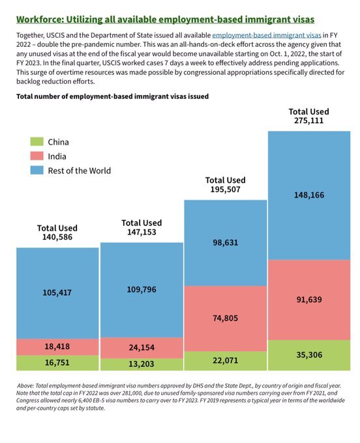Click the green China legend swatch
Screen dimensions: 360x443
(x=37, y=141)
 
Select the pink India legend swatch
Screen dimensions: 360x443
(x=37, y=156)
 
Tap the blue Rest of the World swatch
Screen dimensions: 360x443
(x=37, y=170)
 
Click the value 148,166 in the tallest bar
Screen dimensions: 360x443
(x=309, y=195)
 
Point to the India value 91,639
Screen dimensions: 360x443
(x=309, y=300)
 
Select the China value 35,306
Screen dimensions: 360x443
(x=309, y=355)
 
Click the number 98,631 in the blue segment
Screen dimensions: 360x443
(x=226, y=242)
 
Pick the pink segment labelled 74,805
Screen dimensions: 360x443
(x=226, y=319)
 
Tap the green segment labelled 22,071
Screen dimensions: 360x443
(x=226, y=361)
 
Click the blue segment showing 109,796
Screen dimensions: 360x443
(x=142, y=290)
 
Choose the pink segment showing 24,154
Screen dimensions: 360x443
(x=142, y=348)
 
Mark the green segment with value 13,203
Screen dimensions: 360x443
(x=142, y=364)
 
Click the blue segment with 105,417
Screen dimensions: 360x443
(x=57, y=293)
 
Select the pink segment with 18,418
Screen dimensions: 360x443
(x=57, y=347)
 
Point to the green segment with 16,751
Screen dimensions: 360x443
(x=57, y=363)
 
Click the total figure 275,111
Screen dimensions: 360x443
(x=308, y=121)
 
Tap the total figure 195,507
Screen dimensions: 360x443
(x=226, y=190)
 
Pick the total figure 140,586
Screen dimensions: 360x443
(x=57, y=237)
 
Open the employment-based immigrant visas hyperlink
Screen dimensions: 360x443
(x=266, y=35)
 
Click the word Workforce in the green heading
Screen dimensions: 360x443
(x=40, y=20)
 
